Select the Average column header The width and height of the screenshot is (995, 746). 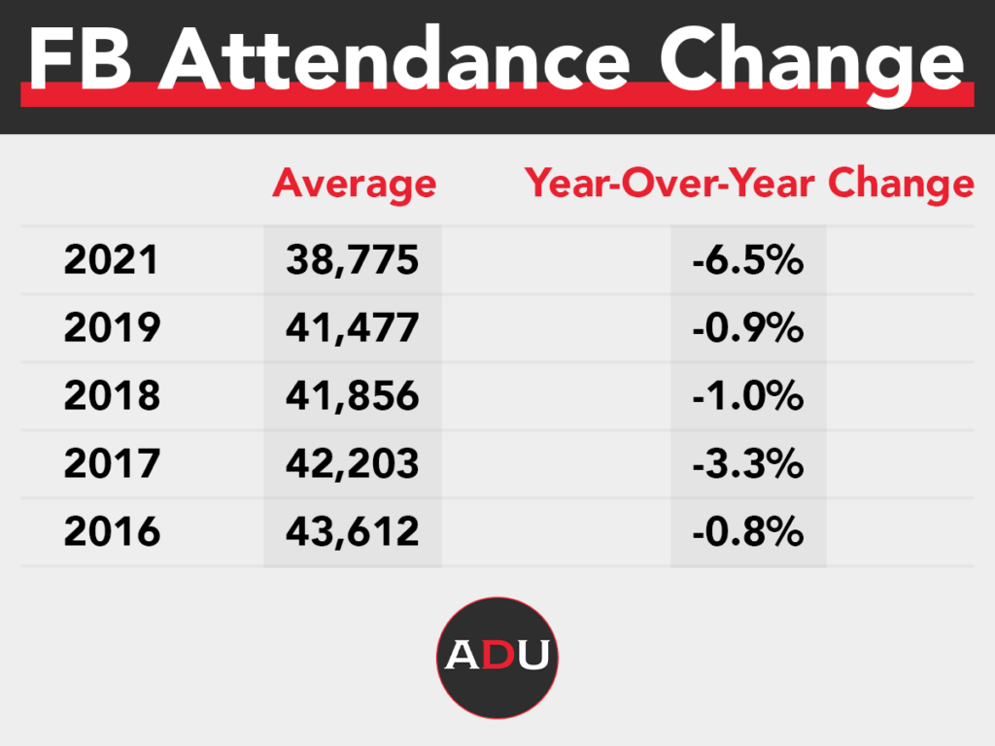(x=354, y=184)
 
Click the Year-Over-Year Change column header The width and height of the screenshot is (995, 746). (x=749, y=184)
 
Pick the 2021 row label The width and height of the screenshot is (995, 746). (x=112, y=260)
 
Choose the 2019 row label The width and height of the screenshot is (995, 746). (x=112, y=328)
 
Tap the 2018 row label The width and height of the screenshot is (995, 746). (x=112, y=396)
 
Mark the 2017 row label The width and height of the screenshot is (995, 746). (x=112, y=464)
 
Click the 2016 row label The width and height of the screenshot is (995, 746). (x=112, y=532)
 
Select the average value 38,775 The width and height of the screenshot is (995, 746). (x=352, y=260)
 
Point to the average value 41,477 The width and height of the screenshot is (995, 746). (x=352, y=328)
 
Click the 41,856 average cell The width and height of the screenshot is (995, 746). (x=352, y=396)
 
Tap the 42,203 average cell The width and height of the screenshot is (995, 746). (x=352, y=464)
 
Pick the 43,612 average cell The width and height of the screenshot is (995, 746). (x=352, y=532)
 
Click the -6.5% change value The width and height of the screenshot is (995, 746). (x=748, y=260)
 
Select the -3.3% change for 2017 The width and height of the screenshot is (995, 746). (x=748, y=464)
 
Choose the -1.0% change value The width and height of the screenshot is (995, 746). (x=748, y=396)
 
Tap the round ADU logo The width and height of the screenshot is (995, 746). (x=497, y=658)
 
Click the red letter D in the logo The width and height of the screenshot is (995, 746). (x=497, y=656)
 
